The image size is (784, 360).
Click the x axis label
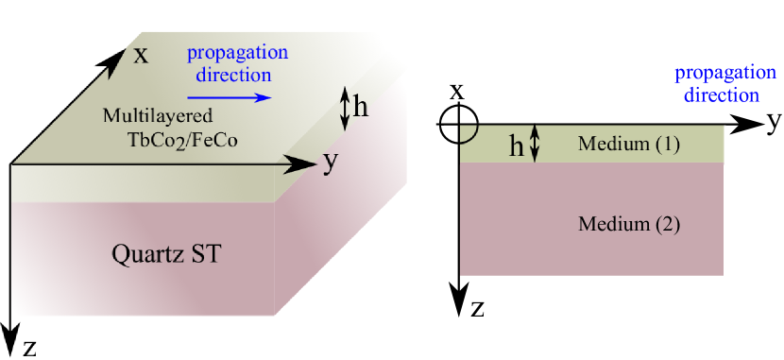click(x=141, y=54)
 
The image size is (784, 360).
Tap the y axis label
click(x=330, y=163)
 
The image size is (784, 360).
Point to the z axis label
click(x=30, y=347)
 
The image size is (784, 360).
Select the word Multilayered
click(x=159, y=116)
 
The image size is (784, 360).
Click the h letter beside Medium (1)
click(x=517, y=146)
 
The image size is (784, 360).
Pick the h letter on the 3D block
click(x=360, y=108)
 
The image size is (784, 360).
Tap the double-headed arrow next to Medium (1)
click(x=536, y=144)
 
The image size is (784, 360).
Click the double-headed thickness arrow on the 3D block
click(x=345, y=108)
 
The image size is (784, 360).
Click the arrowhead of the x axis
click(x=118, y=51)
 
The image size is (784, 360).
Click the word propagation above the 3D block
click(x=237, y=53)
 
